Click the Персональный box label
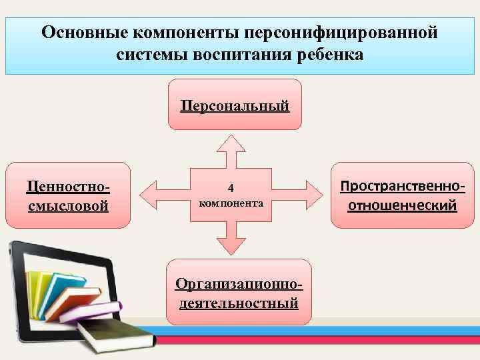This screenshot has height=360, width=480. [x=235, y=105]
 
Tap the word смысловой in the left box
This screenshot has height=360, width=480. [x=67, y=205]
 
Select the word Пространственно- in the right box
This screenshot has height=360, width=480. [x=402, y=185]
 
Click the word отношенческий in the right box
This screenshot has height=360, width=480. [x=402, y=204]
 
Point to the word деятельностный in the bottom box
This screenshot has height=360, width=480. [x=238, y=303]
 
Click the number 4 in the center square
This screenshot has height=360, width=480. [x=231, y=187]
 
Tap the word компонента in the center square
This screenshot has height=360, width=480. [x=231, y=201]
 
